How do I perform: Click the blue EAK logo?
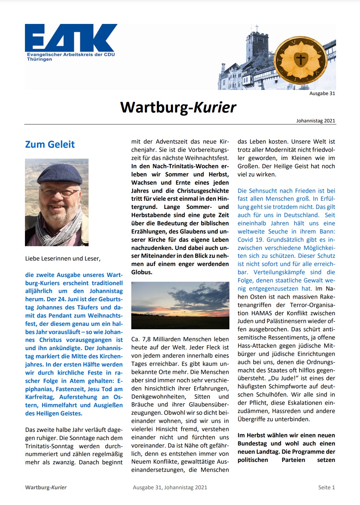(x=71, y=38)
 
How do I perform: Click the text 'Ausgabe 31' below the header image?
(x=322, y=93)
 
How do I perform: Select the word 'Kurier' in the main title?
(x=215, y=107)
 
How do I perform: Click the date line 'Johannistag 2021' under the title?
(x=316, y=121)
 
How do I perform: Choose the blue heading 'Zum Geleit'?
(x=50, y=144)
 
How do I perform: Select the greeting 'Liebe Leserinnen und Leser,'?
(x=63, y=258)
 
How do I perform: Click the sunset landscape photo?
(x=180, y=305)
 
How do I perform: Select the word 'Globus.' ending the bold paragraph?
(x=142, y=273)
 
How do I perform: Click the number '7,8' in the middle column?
(x=146, y=340)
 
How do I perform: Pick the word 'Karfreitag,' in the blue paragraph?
(x=40, y=397)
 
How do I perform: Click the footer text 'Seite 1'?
(x=326, y=488)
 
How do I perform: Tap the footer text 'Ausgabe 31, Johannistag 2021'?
(x=170, y=488)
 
